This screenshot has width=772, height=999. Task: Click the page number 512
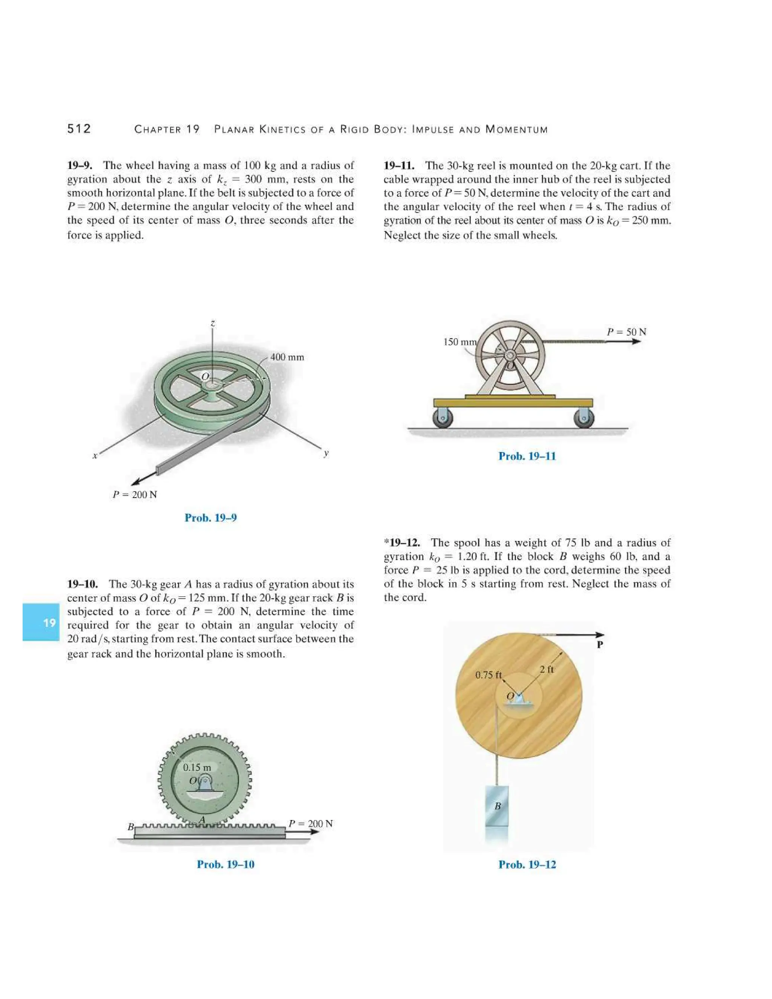coord(79,129)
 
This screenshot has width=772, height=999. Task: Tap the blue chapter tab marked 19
coord(41,622)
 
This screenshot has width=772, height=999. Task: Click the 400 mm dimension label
coord(287,357)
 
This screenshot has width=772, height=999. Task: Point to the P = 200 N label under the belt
coord(135,495)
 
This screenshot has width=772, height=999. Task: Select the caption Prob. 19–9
coord(211,518)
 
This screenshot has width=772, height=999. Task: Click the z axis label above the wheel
coord(213,323)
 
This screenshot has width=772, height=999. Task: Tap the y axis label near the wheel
coord(326,453)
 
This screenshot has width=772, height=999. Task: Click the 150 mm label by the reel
coord(460,342)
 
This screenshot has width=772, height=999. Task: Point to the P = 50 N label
coord(626,332)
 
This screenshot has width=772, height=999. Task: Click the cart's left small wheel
coord(443,418)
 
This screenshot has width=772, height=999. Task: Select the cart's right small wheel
coord(584,418)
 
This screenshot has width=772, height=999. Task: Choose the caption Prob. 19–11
coord(527,456)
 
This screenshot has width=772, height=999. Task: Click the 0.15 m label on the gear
coord(197,767)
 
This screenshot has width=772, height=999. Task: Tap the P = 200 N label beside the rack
coord(311,823)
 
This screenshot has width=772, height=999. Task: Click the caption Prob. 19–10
coord(225,864)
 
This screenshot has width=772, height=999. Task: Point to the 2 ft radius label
coord(546,669)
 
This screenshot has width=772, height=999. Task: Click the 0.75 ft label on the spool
coord(488,675)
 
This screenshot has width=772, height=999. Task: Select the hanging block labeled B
coord(497,806)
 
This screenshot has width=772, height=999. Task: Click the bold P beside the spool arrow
coord(600,645)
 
